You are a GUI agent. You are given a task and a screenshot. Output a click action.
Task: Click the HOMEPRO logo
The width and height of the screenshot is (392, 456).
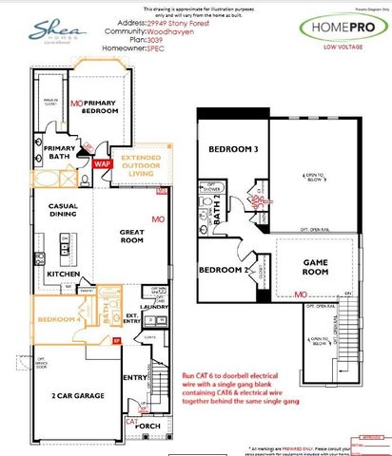coord(342,28)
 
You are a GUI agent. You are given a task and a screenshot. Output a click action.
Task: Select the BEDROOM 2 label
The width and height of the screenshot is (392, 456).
coord(223,270)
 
